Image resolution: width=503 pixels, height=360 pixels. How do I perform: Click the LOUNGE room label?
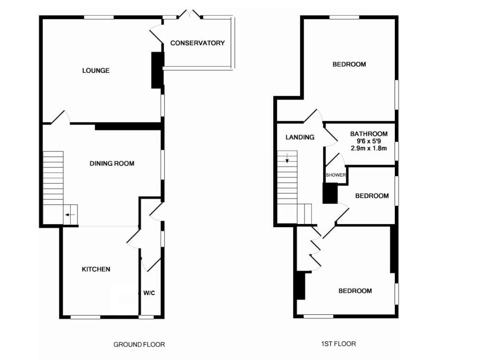tap(96, 71)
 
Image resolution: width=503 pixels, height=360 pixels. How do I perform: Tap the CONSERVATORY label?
tap(197, 43)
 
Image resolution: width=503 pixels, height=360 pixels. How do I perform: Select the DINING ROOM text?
tap(112, 164)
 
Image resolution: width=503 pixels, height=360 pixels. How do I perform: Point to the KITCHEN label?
tap(96, 269)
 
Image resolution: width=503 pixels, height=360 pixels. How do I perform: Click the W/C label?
tap(149, 293)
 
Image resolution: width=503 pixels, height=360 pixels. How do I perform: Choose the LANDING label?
tap(300, 137)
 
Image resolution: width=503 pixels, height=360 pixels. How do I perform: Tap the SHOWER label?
tap(336, 175)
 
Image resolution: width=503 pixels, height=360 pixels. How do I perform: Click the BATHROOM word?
tap(368, 134)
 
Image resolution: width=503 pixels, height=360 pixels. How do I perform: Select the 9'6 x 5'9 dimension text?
tap(368, 141)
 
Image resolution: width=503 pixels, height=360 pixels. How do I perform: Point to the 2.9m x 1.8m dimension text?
tap(368, 148)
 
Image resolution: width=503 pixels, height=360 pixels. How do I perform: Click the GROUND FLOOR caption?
tap(139, 344)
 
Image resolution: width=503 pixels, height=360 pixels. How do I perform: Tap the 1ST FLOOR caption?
tap(338, 344)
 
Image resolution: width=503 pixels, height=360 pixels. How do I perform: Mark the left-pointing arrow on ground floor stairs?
tap(70, 215)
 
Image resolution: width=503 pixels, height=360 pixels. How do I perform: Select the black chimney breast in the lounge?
tap(157, 70)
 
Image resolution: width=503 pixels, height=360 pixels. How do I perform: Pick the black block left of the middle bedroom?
tap(330, 193)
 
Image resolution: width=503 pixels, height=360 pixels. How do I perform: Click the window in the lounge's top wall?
tap(98, 17)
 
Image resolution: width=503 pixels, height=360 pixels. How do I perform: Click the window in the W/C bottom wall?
tap(146, 317)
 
